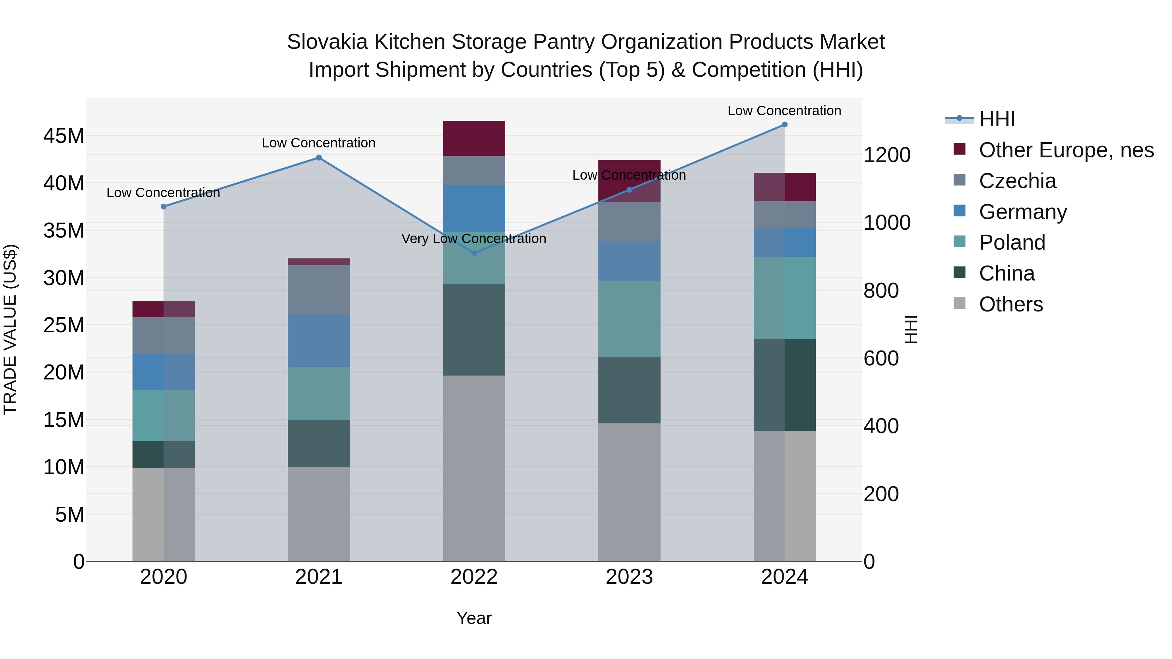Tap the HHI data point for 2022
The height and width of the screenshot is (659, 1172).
pyautogui.click(x=474, y=253)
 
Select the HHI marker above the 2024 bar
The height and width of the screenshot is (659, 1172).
pyautogui.click(x=784, y=125)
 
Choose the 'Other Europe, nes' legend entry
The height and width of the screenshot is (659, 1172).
pyautogui.click(x=1066, y=150)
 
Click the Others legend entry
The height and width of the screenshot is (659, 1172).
pyautogui.click(x=1011, y=304)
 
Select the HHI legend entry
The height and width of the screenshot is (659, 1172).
pyautogui.click(x=997, y=119)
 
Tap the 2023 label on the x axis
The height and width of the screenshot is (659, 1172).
pyautogui.click(x=629, y=577)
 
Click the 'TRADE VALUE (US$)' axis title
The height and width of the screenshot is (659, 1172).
pyautogui.click(x=10, y=329)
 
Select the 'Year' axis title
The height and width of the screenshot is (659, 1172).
pyautogui.click(x=474, y=618)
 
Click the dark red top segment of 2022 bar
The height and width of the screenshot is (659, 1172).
pyautogui.click(x=474, y=138)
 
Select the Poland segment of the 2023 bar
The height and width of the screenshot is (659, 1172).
pyautogui.click(x=629, y=319)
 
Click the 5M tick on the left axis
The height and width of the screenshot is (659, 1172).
pyautogui.click(x=70, y=515)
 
